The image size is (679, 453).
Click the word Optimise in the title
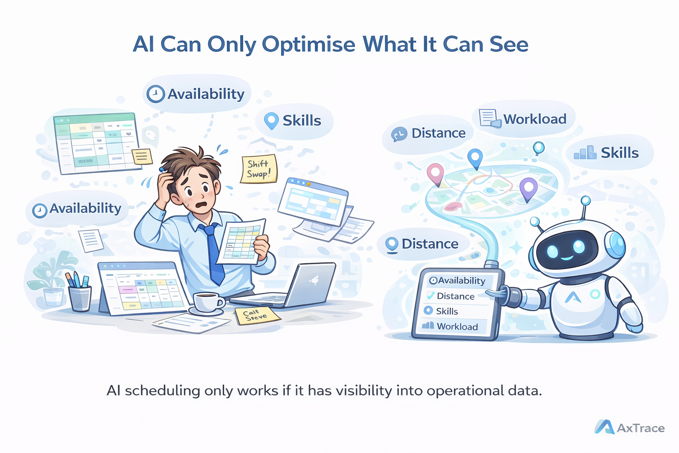point(308,45)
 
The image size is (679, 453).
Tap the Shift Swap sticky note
point(259,169)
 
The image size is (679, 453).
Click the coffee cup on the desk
point(208,302)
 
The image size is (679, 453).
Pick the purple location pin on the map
point(528,188)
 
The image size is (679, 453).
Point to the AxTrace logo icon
point(604,427)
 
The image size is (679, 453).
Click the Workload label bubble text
point(535,119)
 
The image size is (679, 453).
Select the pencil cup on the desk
point(80,297)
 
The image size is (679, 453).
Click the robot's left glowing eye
point(553,251)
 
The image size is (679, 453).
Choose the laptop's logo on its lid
point(315,280)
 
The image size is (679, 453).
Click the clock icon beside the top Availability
point(156,94)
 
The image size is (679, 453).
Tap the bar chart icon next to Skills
point(585,153)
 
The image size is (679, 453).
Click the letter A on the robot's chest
point(573,297)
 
